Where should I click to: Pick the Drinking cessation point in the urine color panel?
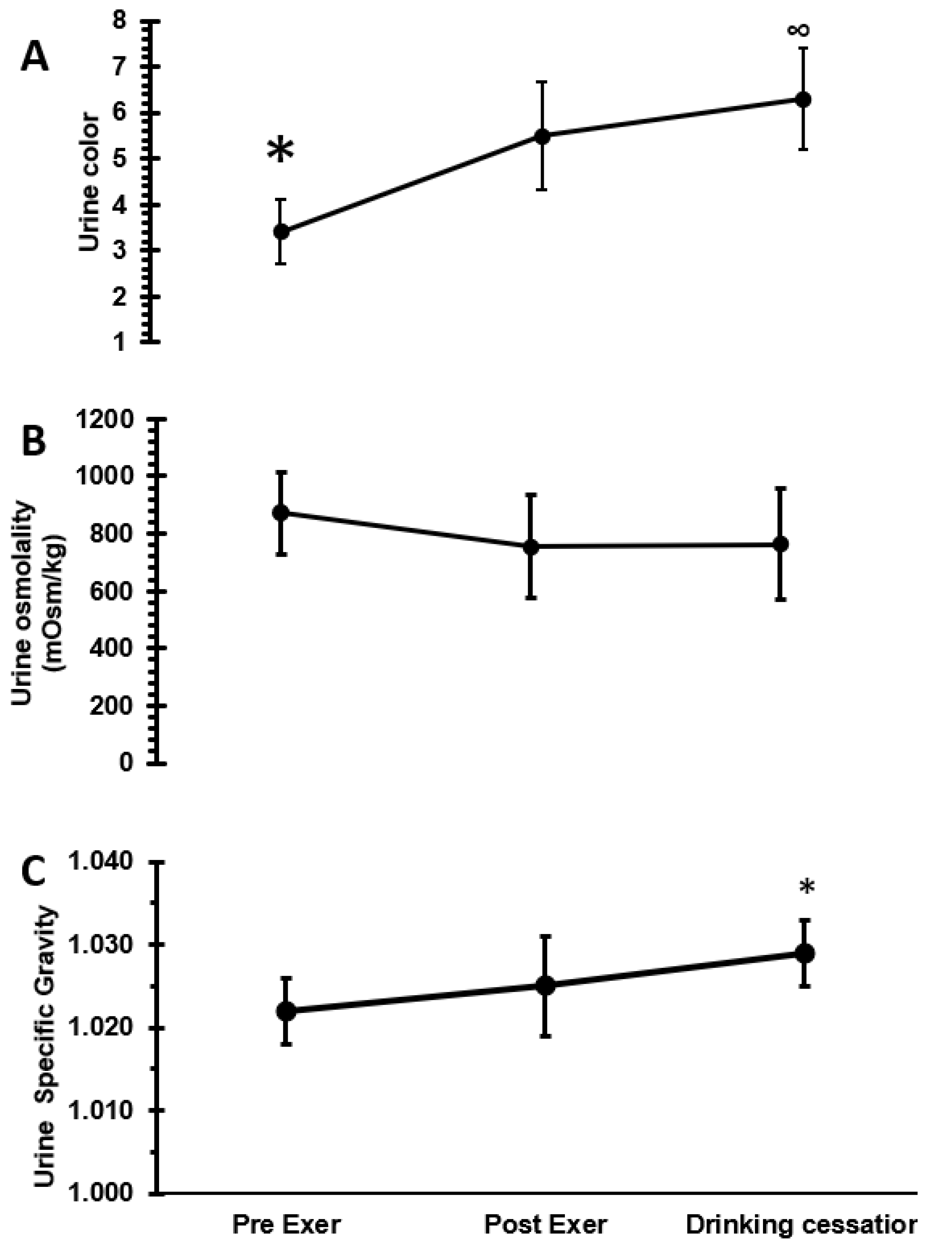click(803, 99)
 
